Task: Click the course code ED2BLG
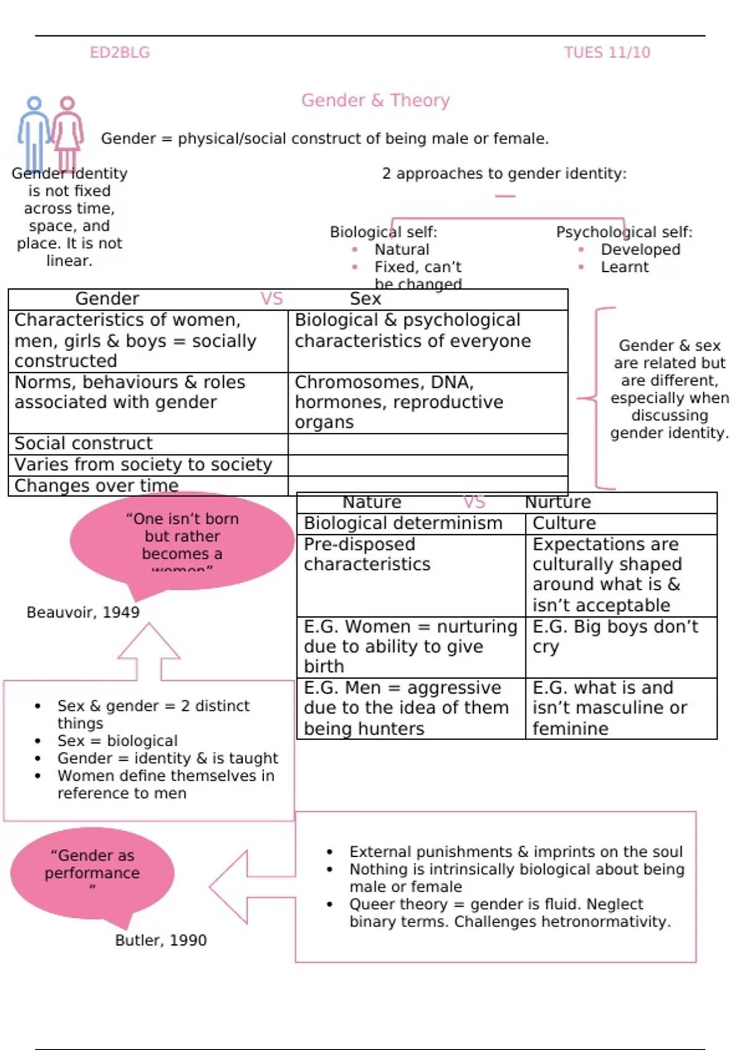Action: click(x=120, y=52)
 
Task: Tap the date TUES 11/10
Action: click(x=606, y=52)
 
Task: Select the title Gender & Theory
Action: click(x=375, y=100)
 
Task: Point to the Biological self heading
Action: click(x=383, y=232)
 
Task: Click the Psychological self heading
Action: click(x=624, y=232)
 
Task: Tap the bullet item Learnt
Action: click(x=624, y=267)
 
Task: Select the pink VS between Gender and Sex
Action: click(x=271, y=299)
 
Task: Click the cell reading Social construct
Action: click(x=83, y=443)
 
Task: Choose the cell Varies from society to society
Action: click(x=143, y=464)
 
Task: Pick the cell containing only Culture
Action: click(x=564, y=523)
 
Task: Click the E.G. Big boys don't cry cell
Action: click(x=614, y=636)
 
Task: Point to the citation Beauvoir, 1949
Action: click(x=83, y=612)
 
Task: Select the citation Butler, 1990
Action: click(x=161, y=940)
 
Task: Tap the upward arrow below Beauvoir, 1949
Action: click(x=149, y=652)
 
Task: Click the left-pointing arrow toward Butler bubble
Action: click(x=247, y=887)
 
